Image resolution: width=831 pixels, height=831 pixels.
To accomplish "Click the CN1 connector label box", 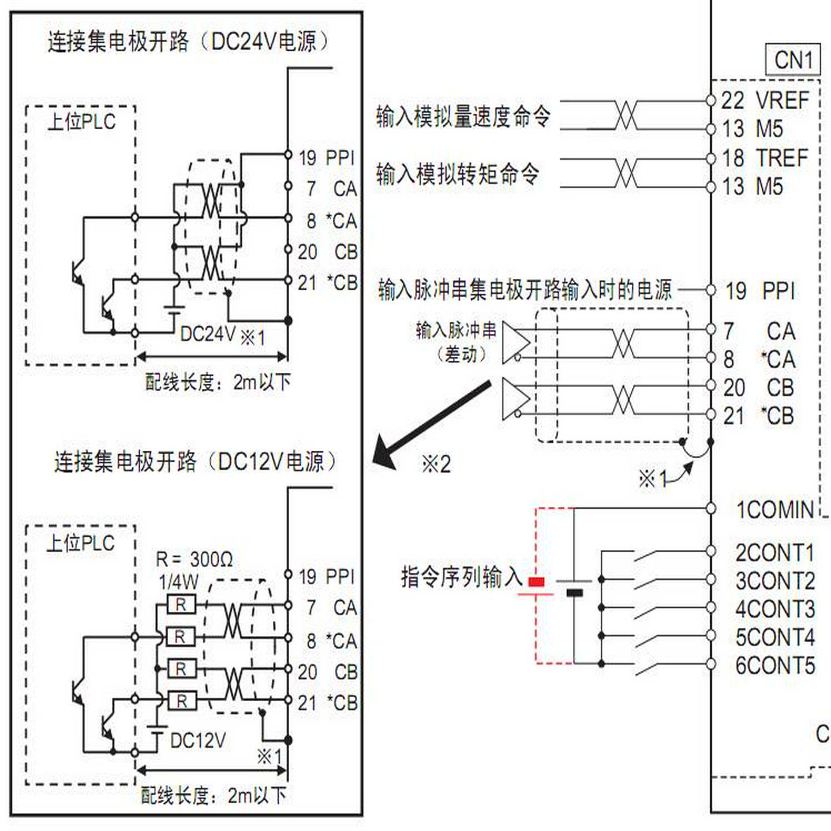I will point(792,59).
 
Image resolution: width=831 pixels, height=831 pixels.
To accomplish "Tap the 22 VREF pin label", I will point(765,100).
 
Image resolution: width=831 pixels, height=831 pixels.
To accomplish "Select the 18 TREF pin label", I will point(765,158).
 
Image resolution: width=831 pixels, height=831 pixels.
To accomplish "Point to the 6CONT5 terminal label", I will point(774,665).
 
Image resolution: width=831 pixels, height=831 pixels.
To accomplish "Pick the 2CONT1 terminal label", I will point(774,553).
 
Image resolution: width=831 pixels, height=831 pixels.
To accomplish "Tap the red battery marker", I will point(536,582).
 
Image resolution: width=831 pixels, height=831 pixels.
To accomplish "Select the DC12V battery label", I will point(197,740).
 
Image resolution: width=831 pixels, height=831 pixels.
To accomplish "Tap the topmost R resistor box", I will point(181,605).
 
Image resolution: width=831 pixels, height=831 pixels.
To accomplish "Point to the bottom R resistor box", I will point(181,701).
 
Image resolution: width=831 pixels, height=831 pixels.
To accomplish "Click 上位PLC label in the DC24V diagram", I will point(81,122).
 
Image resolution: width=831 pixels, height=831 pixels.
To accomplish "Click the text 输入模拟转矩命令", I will point(458,174).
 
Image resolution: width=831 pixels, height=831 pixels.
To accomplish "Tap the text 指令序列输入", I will point(461,577).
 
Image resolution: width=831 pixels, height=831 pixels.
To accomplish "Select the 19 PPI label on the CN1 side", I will point(761,291).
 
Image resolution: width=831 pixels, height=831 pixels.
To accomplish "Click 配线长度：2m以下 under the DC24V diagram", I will point(218,382).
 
